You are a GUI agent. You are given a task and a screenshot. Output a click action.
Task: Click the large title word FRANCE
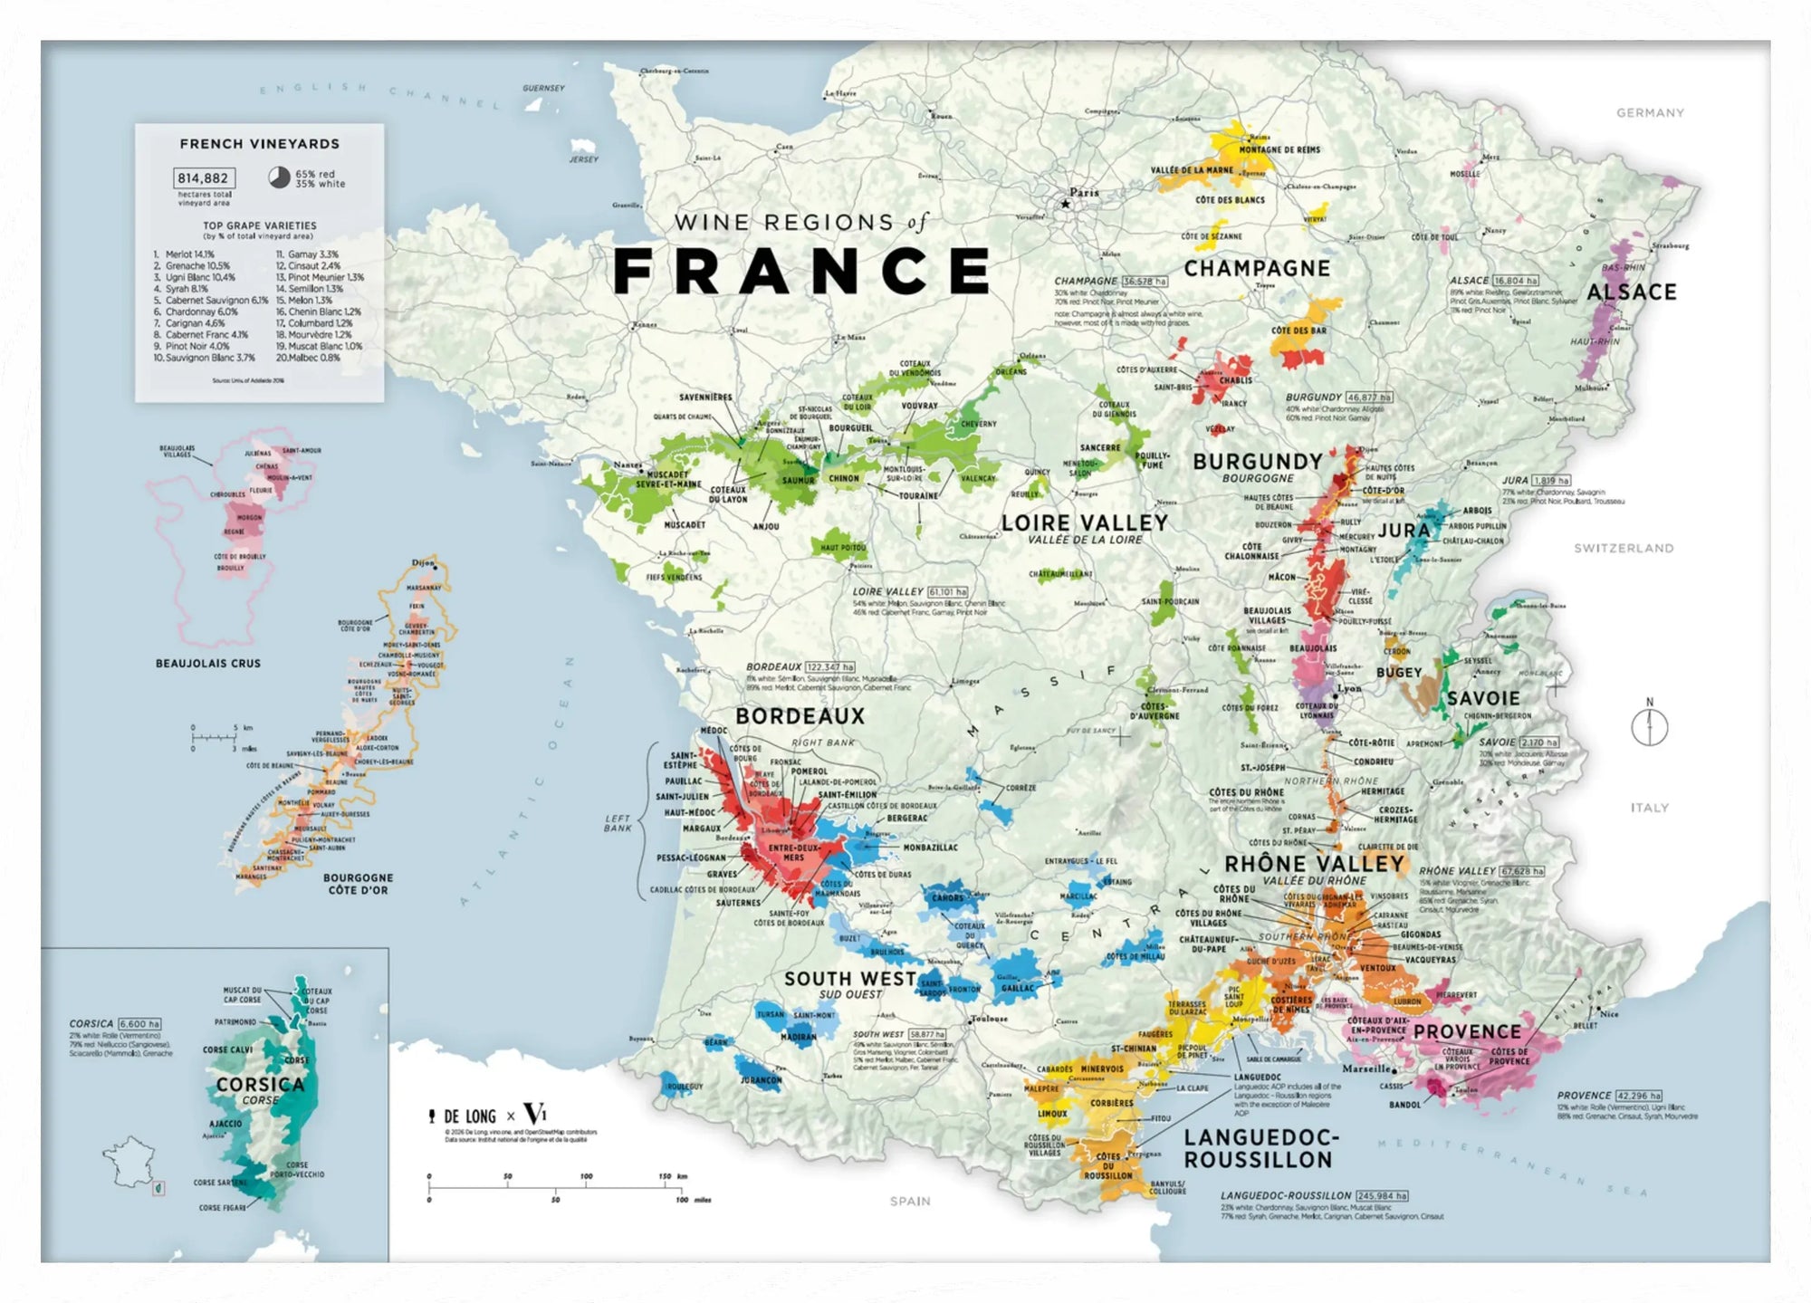point(802,271)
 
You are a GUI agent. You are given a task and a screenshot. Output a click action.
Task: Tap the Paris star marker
point(1066,205)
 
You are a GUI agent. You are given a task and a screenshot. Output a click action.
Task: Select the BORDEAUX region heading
point(800,716)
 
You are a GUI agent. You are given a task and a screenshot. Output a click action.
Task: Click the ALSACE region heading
point(1632,292)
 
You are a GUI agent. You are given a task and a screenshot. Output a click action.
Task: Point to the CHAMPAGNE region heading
point(1257,269)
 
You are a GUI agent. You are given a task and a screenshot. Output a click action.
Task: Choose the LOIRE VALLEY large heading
point(1084,522)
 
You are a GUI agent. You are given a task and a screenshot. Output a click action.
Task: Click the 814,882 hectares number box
point(204,178)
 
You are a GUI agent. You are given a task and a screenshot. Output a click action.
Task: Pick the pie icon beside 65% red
point(279,177)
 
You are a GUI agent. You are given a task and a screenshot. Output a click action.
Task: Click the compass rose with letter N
point(1649,726)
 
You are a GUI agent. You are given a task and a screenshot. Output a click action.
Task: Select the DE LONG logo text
point(469,1116)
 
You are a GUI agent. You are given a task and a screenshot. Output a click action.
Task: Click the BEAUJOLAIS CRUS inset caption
point(207,664)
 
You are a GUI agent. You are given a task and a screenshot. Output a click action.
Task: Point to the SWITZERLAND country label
point(1623,548)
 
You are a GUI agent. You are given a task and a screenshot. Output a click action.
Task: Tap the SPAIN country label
point(909,1201)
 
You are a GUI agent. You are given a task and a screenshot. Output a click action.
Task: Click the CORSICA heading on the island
point(259,1084)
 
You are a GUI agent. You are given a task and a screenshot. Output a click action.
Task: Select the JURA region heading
point(1404,531)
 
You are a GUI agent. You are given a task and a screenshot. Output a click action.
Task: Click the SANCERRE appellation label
point(1099,447)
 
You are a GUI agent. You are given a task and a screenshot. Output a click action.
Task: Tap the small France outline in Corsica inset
point(131,1164)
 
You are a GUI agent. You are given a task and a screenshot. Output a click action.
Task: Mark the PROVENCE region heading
point(1467,1032)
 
